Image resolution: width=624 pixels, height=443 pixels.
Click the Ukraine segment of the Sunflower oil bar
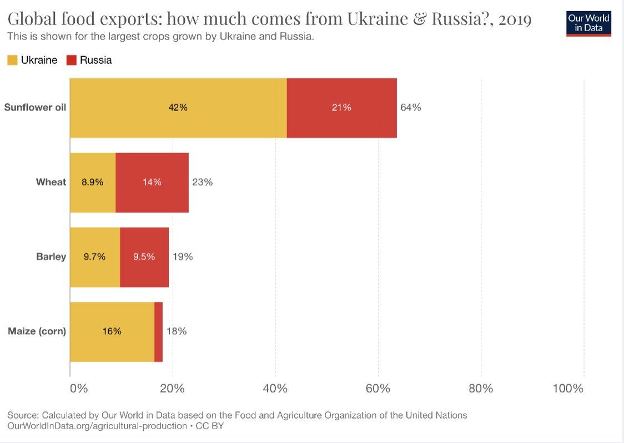(178, 108)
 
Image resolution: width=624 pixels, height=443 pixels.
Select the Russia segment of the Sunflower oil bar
(342, 108)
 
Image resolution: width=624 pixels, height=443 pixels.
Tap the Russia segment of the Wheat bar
(152, 183)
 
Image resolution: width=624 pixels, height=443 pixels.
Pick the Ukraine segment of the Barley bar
(95, 257)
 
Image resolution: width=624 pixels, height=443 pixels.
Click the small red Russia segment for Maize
(158, 332)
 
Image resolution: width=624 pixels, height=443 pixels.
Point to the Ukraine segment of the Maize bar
(112, 332)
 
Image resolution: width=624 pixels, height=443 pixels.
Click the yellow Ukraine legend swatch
(12, 60)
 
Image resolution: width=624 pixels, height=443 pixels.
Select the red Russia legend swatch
(71, 60)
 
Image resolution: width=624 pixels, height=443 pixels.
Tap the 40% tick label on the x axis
(275, 389)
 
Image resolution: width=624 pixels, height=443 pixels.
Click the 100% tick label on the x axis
(568, 389)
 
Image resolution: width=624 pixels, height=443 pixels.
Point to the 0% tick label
(79, 389)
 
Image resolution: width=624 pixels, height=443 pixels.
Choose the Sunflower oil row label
(35, 108)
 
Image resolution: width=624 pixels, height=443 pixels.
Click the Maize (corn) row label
(37, 331)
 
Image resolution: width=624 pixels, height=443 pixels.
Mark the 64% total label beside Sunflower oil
(411, 108)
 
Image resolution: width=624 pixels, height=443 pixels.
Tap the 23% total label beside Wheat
(203, 182)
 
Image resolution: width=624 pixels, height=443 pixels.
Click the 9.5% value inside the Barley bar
(144, 256)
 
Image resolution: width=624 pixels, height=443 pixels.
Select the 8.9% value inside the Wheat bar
(93, 182)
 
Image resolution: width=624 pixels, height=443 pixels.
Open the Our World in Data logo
(588, 23)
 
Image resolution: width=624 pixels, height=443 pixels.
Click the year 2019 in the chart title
(515, 19)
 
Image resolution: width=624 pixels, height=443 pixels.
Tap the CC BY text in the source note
(210, 426)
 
